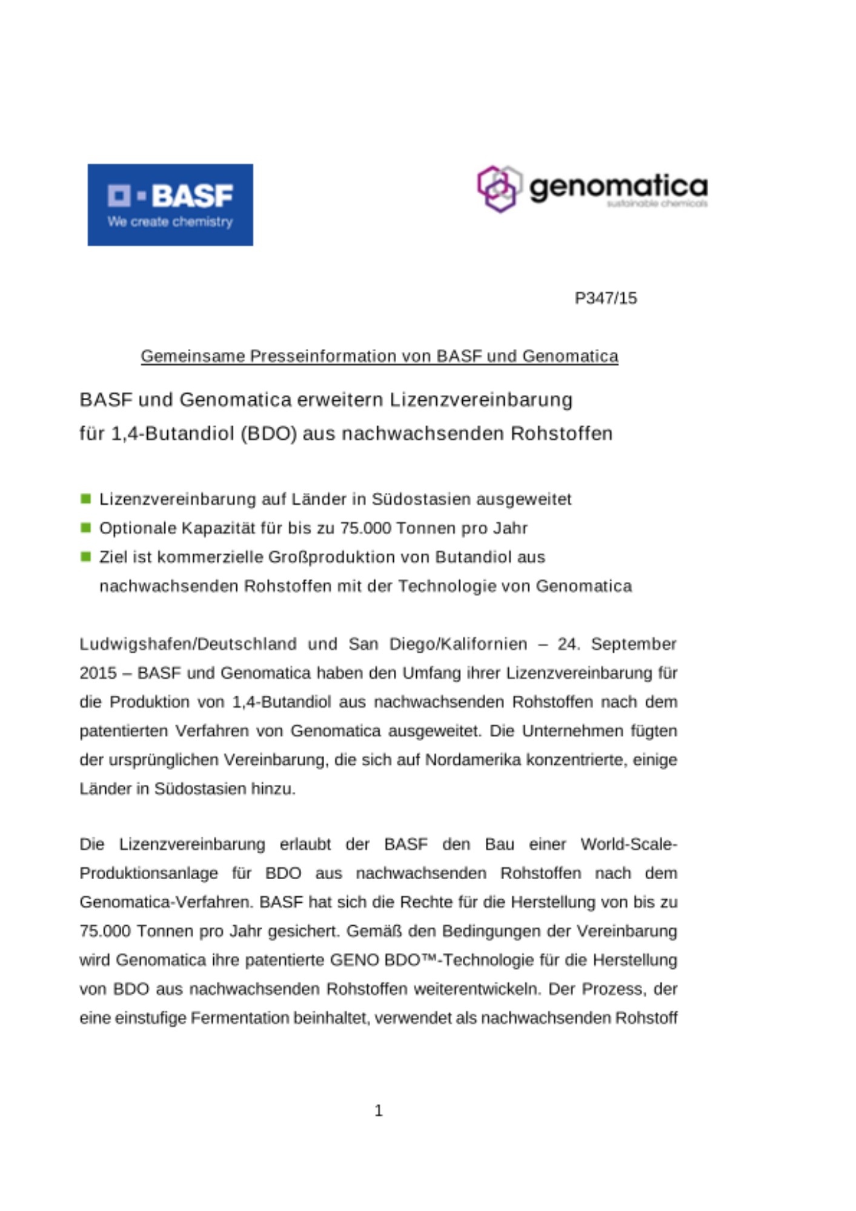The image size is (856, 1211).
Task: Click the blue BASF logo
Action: click(170, 204)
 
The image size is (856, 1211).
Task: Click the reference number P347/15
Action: click(605, 298)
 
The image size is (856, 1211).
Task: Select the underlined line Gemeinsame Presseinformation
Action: click(379, 356)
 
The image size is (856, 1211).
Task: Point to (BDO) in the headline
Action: click(268, 434)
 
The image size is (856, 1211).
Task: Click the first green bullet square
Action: click(86, 498)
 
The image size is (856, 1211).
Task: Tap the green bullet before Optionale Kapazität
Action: click(86, 527)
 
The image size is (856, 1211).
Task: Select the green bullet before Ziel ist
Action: click(86, 556)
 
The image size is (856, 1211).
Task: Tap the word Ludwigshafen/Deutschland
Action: click(188, 644)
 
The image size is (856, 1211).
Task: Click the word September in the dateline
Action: click(634, 644)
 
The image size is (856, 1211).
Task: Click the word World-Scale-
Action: click(628, 844)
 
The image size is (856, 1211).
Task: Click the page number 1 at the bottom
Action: click(379, 1110)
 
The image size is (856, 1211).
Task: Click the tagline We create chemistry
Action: click(170, 222)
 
